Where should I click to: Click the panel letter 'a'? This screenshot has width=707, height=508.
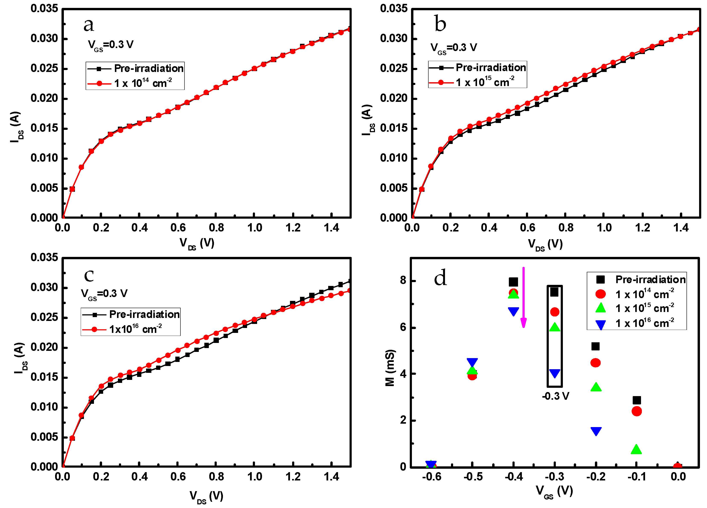pos(89,25)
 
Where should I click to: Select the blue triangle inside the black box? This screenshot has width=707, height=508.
pos(555,373)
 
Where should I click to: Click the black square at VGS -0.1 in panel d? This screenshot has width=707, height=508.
pos(637,400)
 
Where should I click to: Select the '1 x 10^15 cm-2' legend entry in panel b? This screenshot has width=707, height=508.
pos(485,82)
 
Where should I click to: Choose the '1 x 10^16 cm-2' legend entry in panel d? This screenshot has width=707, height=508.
pos(644,323)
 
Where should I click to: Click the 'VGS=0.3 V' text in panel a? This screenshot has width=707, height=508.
pos(110,45)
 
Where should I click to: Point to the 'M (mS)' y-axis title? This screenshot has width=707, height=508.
pos(390,368)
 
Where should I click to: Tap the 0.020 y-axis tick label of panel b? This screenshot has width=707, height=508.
pos(393,98)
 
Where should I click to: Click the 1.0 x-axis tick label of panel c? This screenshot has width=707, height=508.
pos(254,477)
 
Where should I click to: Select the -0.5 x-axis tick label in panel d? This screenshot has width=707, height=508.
pos(473,477)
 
